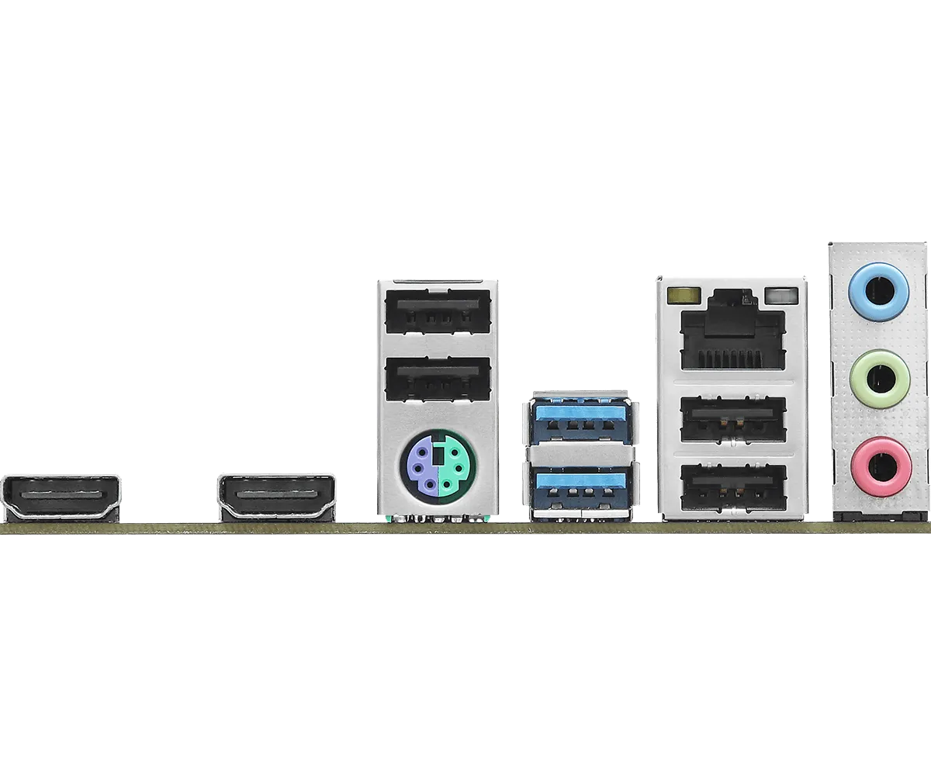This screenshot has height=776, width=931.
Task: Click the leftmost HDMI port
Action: point(63,496)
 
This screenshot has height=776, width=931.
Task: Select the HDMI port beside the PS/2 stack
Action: point(277,496)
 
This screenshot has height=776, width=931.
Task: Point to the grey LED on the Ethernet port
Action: point(780,296)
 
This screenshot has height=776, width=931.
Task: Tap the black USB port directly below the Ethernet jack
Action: point(732,420)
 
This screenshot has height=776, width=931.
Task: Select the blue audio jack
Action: point(879,289)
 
